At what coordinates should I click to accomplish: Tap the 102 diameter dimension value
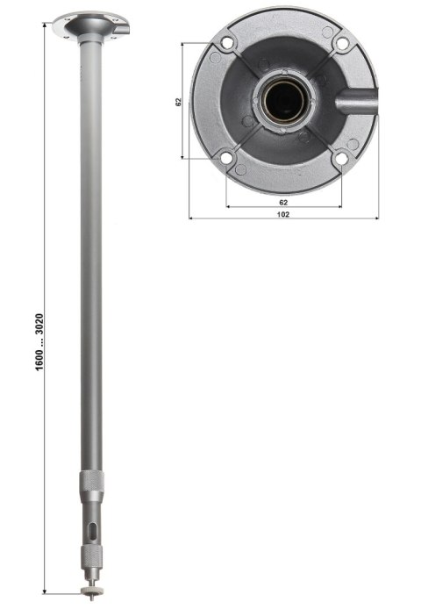[283, 213]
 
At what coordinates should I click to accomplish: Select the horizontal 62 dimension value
[283, 201]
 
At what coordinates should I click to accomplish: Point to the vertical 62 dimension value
[179, 102]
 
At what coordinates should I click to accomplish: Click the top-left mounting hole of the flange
[227, 42]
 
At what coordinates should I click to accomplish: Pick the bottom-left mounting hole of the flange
[227, 158]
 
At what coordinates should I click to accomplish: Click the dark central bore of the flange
[282, 100]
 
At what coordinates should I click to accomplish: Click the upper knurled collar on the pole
[91, 481]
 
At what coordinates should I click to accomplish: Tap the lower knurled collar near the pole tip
[90, 556]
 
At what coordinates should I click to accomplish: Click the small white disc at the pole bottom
[90, 580]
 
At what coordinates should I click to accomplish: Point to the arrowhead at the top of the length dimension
[45, 26]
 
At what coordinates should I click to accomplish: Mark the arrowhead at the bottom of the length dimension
[45, 595]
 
